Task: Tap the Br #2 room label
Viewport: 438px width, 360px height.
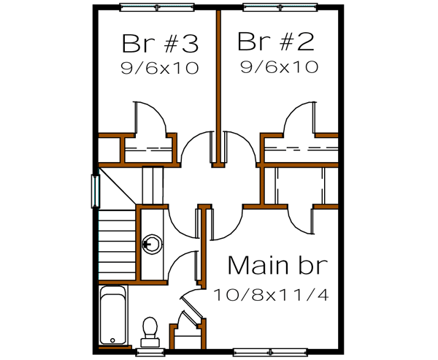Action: pos(275,42)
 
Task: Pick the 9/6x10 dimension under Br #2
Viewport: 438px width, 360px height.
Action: pos(279,68)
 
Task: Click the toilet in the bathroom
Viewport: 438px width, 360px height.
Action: pos(150,329)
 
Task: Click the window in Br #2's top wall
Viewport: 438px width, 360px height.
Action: pos(280,8)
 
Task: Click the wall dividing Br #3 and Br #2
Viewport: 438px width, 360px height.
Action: pos(217,73)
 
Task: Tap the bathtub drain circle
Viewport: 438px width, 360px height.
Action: pos(112,340)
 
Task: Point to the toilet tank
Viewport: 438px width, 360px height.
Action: pos(150,340)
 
